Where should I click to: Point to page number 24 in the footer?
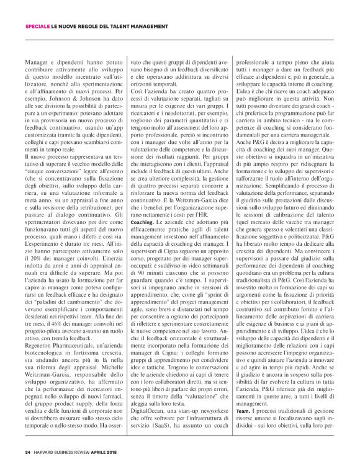[28, 451]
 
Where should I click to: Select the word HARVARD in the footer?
[46, 451]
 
